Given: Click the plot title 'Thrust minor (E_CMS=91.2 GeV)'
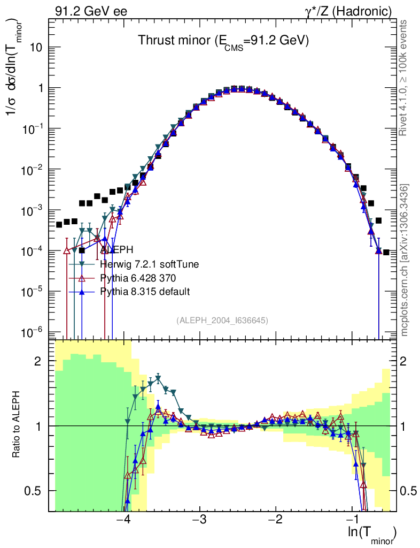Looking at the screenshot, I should coord(223,41).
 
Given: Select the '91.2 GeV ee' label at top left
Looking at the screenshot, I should coord(91,11).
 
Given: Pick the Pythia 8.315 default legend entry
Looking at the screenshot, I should coord(144,291).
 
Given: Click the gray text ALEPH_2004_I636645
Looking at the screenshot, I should coord(222,320).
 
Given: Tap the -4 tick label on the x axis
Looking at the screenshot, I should coord(123,521).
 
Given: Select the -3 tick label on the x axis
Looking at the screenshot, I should coord(199,521).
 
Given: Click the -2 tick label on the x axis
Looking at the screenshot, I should coord(275,521).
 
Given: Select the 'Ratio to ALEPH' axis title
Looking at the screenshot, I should coord(18,425).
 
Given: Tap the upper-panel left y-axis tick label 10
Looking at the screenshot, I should coord(35,47).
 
